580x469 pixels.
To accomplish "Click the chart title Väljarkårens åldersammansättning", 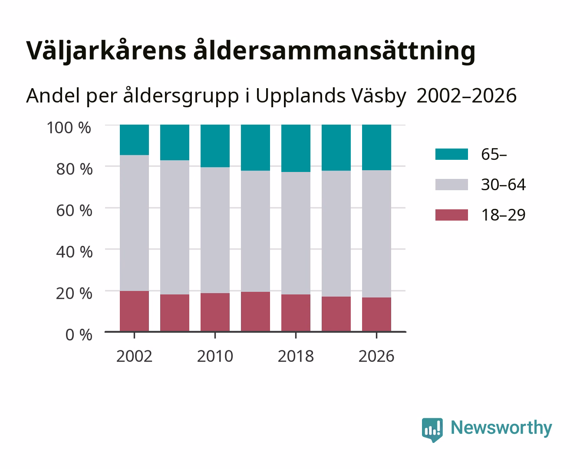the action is [x=250, y=51].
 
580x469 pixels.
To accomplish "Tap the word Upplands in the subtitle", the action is [x=300, y=96].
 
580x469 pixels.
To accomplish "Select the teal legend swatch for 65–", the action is [x=451, y=154].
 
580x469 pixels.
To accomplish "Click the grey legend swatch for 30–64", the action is [x=451, y=185].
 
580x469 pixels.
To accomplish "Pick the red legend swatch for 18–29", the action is [x=451, y=215].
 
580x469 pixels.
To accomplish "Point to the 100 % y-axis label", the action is [x=69, y=128].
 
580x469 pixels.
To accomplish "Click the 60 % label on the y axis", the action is [x=74, y=211].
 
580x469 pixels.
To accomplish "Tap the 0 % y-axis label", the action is [x=79, y=335].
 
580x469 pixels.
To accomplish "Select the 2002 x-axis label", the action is [x=134, y=356].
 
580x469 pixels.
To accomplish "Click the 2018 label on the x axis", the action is [x=296, y=356].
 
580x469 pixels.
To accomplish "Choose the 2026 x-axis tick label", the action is [x=376, y=356].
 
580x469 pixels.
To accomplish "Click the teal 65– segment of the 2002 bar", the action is [x=134, y=140].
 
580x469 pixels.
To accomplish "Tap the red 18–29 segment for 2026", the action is [x=376, y=314].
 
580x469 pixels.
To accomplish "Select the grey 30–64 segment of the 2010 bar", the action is [x=215, y=230].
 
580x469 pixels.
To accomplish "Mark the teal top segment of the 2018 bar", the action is [x=296, y=149].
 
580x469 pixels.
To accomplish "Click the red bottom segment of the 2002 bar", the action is [x=134, y=311].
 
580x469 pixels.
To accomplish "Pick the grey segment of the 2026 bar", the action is [x=376, y=234].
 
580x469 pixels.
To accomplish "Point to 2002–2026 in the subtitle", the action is [x=466, y=96].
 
